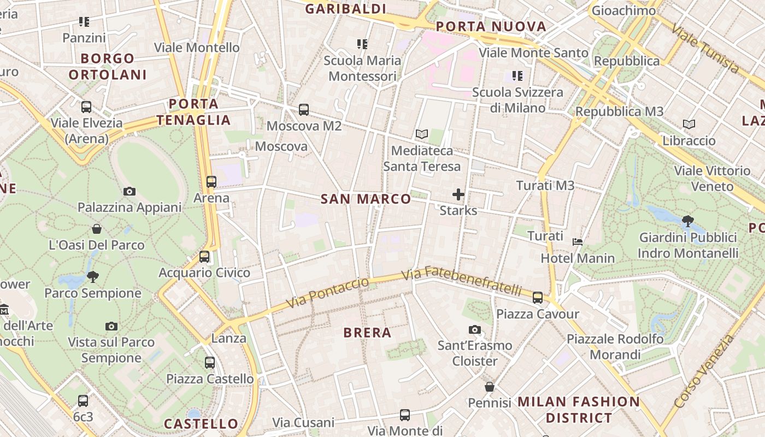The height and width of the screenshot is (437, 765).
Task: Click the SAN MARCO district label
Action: pyautogui.click(x=366, y=199)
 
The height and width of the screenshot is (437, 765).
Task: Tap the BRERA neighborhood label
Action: pyautogui.click(x=367, y=332)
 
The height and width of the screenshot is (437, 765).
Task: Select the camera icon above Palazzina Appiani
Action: pyautogui.click(x=130, y=191)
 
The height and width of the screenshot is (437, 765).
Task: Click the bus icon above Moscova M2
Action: pyautogui.click(x=304, y=110)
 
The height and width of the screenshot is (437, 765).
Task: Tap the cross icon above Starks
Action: pyautogui.click(x=458, y=194)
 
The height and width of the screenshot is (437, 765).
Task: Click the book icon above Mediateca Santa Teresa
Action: pyautogui.click(x=421, y=134)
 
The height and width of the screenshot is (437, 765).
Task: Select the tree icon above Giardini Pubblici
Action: pyautogui.click(x=687, y=221)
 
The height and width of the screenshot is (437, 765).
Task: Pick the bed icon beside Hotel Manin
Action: pyautogui.click(x=577, y=241)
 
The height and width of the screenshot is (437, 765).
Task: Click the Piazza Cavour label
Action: pyautogui.click(x=537, y=314)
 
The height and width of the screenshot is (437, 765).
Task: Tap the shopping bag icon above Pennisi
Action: pyautogui.click(x=489, y=387)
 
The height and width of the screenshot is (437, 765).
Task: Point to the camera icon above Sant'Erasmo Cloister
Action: pyautogui.click(x=474, y=329)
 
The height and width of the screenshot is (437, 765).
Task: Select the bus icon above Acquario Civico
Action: pyautogui.click(x=204, y=256)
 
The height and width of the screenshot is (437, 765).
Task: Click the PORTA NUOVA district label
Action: pyautogui.click(x=491, y=26)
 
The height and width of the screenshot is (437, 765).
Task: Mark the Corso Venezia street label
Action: pyautogui.click(x=704, y=371)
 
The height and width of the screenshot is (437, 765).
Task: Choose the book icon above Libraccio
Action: pyautogui.click(x=689, y=124)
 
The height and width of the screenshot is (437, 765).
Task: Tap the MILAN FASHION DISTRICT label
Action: pyautogui.click(x=578, y=410)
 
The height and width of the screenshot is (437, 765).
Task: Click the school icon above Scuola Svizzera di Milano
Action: pyautogui.click(x=517, y=76)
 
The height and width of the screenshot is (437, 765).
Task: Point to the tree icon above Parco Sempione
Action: pyautogui.click(x=93, y=277)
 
